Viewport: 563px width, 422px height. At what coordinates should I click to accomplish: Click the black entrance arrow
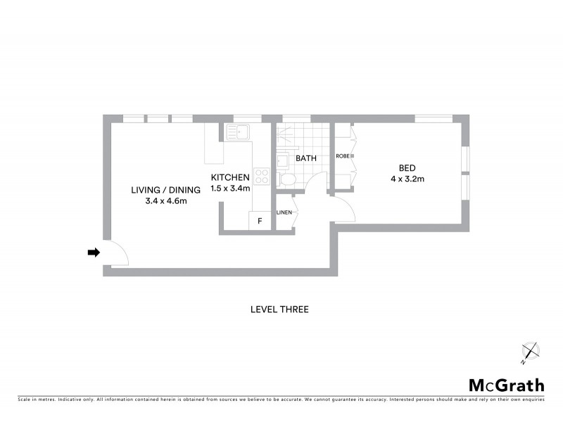[x=92, y=252]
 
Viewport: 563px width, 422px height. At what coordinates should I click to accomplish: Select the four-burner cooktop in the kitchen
[x=261, y=177]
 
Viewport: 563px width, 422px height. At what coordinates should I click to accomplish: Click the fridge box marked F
[x=260, y=221]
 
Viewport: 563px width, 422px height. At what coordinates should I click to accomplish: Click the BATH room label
[x=306, y=159]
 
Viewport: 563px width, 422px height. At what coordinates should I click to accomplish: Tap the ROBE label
[x=343, y=155]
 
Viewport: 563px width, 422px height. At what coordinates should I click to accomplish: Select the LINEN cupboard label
[x=284, y=212]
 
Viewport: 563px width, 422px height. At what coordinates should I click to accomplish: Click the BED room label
[x=407, y=168]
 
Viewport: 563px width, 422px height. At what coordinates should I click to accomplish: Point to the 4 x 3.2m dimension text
[x=407, y=179]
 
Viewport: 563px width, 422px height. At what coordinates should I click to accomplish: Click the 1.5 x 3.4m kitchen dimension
[x=231, y=188]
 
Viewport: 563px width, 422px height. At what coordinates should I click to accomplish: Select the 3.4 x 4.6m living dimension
[x=165, y=201]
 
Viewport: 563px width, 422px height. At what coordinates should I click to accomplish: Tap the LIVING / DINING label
[x=165, y=190]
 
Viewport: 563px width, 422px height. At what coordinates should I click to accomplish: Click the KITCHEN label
[x=231, y=177]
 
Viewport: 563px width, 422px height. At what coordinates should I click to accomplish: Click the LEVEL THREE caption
[x=280, y=309]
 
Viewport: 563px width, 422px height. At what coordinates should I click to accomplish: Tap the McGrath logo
[x=506, y=385]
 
